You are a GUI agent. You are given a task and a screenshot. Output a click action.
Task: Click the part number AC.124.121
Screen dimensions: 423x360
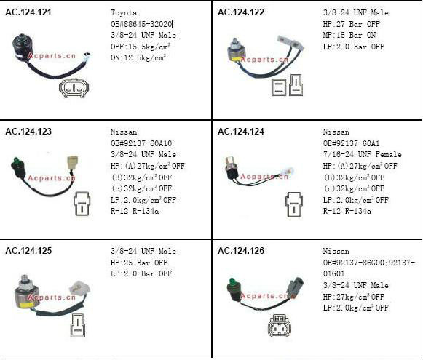[28, 12]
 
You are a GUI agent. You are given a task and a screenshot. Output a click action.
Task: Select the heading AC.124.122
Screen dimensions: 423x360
[241, 12]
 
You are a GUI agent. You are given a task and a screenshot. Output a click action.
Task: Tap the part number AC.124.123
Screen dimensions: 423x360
[28, 132]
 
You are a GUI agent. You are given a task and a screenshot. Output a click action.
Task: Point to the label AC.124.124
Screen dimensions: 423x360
[241, 132]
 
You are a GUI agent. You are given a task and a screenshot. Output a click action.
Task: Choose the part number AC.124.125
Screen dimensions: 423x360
[28, 251]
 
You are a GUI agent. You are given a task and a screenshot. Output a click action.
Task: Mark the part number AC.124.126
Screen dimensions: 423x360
[241, 251]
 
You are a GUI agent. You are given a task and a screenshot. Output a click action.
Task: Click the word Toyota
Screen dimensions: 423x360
[124, 12]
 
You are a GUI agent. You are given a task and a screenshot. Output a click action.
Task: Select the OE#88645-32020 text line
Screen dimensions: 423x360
[141, 24]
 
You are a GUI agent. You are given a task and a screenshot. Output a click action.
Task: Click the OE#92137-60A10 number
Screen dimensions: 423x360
[141, 143]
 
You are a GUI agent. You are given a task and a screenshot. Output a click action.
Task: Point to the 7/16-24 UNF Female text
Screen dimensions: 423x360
[363, 154]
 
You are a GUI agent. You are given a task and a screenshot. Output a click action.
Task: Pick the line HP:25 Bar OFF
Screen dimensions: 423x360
[139, 263]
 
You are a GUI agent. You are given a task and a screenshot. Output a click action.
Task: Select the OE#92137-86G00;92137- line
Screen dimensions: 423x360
[369, 263]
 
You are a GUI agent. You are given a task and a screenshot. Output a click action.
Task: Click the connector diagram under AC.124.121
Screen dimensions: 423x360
[74, 88]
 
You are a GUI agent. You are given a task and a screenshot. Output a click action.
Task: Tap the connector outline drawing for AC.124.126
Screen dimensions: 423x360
[280, 326]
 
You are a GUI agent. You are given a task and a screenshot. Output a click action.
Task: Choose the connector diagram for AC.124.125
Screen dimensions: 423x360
[78, 325]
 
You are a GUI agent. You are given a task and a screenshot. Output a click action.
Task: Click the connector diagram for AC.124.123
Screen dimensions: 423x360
[82, 204]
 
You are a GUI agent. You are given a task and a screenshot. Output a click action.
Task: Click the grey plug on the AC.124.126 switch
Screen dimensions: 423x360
[296, 286]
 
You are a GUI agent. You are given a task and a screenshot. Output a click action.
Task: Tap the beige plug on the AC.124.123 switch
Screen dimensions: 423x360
[73, 162]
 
